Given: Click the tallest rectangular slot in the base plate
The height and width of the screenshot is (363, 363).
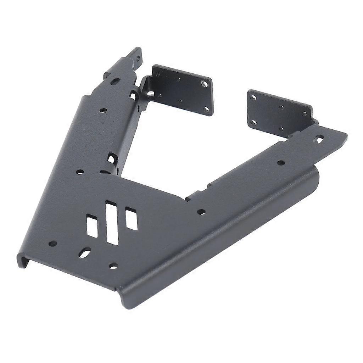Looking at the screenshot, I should point(112,223).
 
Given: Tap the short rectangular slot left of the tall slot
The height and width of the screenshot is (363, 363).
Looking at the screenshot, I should point(92,227).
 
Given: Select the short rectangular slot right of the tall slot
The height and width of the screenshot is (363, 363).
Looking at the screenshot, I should point(131,219).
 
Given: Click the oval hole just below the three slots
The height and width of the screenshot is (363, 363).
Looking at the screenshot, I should point(85,253).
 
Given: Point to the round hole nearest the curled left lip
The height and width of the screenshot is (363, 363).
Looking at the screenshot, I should point(52,244).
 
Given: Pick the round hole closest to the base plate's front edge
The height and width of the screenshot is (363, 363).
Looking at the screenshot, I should point(113,265).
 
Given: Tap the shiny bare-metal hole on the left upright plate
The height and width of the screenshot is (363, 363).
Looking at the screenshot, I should point(205,84).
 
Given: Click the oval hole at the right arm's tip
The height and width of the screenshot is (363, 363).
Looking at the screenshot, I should point(320,139).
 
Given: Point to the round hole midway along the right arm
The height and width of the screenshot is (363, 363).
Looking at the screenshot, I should point(280,163).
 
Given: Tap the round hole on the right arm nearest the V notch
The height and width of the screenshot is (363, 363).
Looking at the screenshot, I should point(201,212).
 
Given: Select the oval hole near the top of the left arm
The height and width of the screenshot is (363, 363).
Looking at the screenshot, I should point(114,82).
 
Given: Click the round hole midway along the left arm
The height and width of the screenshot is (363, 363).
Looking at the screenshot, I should point(103,110).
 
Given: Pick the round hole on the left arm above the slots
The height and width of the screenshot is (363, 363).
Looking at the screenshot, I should point(80,172).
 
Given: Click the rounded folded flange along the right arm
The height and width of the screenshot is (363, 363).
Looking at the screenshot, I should point(227,230).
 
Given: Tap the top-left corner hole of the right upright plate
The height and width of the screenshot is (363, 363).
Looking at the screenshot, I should point(253,97).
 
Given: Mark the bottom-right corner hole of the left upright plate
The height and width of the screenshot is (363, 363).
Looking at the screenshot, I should point(207,110).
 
